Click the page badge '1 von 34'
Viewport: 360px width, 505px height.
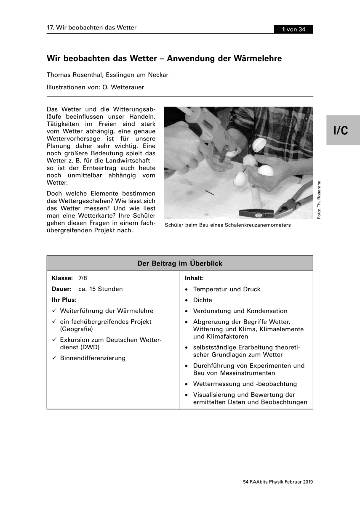pyautogui.click(x=293, y=29)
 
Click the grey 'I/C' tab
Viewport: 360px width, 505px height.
pyautogui.click(x=341, y=130)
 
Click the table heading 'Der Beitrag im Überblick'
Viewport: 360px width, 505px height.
pyautogui.click(x=180, y=263)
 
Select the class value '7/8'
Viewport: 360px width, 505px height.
pyautogui.click(x=83, y=278)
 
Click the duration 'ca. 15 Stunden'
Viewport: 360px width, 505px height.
pyautogui.click(x=101, y=289)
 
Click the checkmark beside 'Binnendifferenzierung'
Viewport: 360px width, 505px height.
pyautogui.click(x=54, y=358)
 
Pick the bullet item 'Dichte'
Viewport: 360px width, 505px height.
pyautogui.click(x=203, y=300)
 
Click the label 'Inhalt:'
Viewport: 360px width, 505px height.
pyautogui.click(x=194, y=278)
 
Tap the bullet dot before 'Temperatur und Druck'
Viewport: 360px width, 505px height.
pyautogui.click(x=186, y=290)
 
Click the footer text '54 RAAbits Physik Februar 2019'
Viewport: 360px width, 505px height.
pyautogui.click(x=278, y=482)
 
